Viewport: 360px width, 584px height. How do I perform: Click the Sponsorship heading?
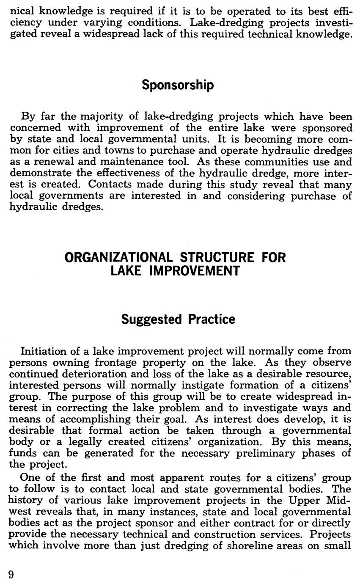pos(178,85)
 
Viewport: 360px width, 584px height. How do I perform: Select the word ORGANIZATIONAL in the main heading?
pos(118,257)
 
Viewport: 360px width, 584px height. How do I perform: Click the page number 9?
pos(11,574)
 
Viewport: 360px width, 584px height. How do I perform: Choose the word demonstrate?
pos(40,173)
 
